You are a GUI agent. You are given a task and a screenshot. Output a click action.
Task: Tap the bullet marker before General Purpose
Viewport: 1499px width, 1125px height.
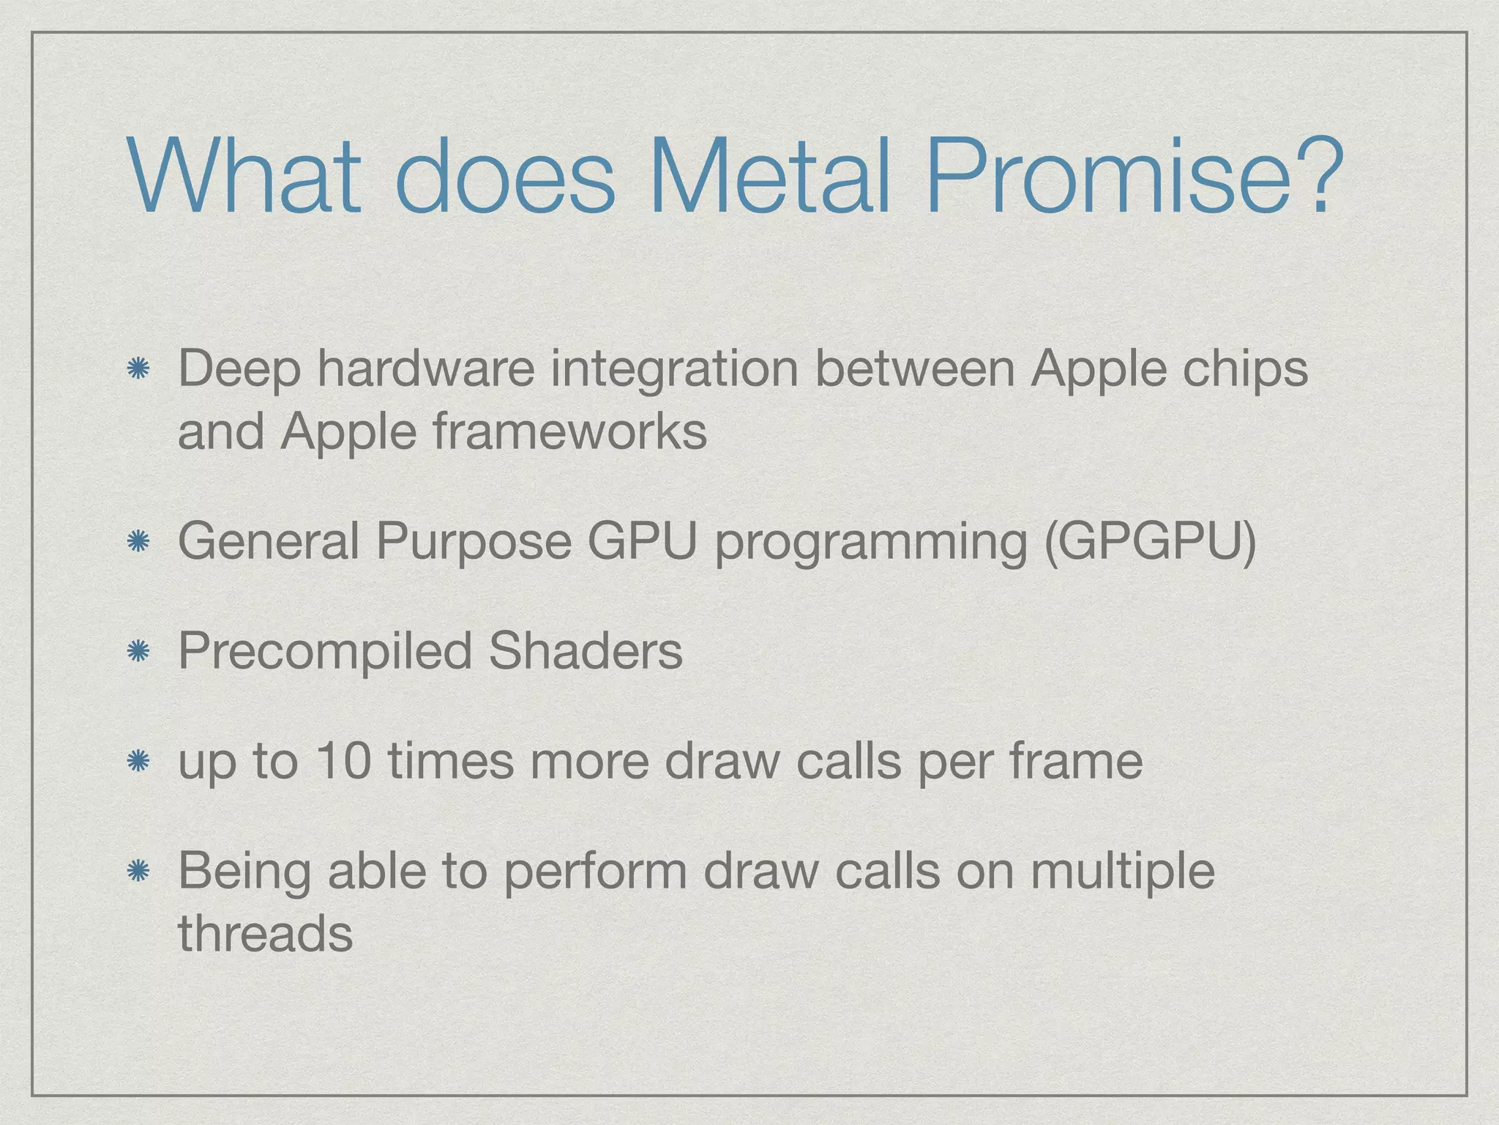tap(138, 542)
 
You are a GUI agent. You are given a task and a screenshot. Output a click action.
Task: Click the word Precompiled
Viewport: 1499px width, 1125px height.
tap(324, 651)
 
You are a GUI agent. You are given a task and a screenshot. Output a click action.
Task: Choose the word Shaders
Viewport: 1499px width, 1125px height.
tap(585, 650)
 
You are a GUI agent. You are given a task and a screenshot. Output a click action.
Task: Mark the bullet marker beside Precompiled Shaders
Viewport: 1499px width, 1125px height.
tap(138, 651)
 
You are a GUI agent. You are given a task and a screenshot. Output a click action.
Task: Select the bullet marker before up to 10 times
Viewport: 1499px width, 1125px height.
tap(138, 762)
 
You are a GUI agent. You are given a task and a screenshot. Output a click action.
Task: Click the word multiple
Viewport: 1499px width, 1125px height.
tap(1121, 872)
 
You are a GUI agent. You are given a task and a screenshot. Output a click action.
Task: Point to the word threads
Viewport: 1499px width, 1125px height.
tap(265, 933)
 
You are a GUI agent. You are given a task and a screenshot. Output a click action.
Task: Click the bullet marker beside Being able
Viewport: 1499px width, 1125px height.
tap(138, 871)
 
